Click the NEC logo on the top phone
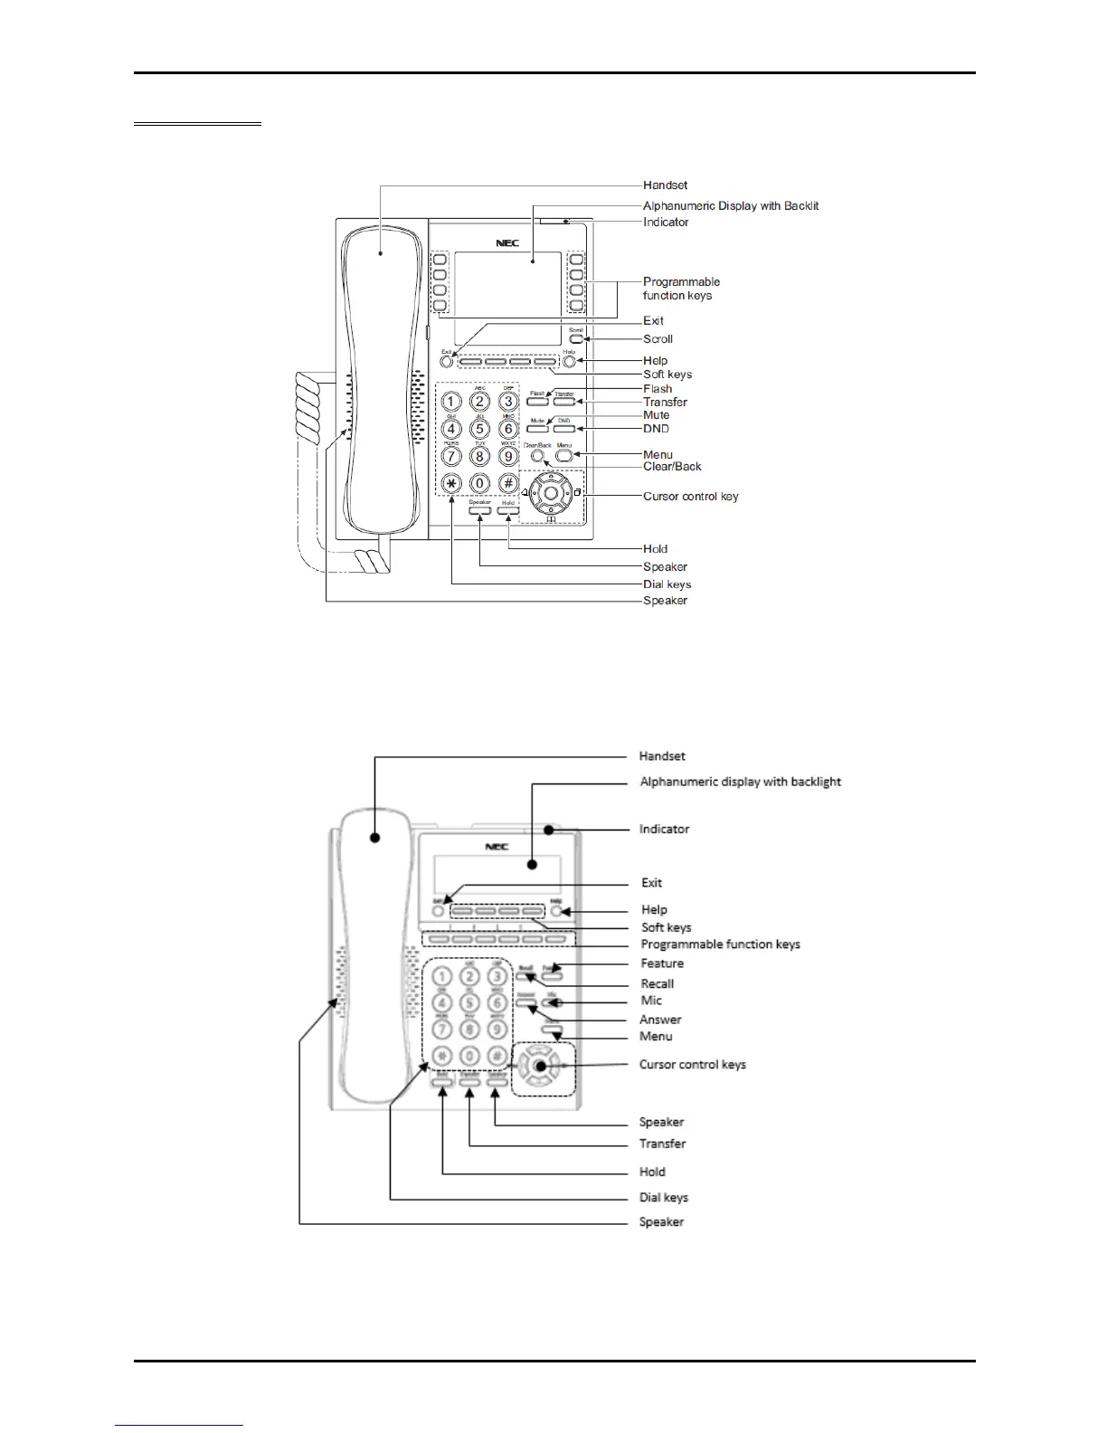pos(506,243)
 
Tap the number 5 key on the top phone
pos(480,429)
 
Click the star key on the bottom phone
pos(441,1055)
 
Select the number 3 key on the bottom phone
pos(496,977)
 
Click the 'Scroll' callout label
pos(658,339)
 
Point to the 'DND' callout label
pos(656,429)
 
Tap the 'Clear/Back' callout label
pos(672,467)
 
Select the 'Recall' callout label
pos(657,983)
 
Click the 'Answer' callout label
pos(660,1020)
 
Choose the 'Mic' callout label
pos(651,1001)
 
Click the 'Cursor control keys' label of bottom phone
pos(692,1065)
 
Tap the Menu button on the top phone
pos(564,456)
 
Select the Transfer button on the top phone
pos(564,401)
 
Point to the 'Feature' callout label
pos(662,963)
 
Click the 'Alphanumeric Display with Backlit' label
pos(731,206)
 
